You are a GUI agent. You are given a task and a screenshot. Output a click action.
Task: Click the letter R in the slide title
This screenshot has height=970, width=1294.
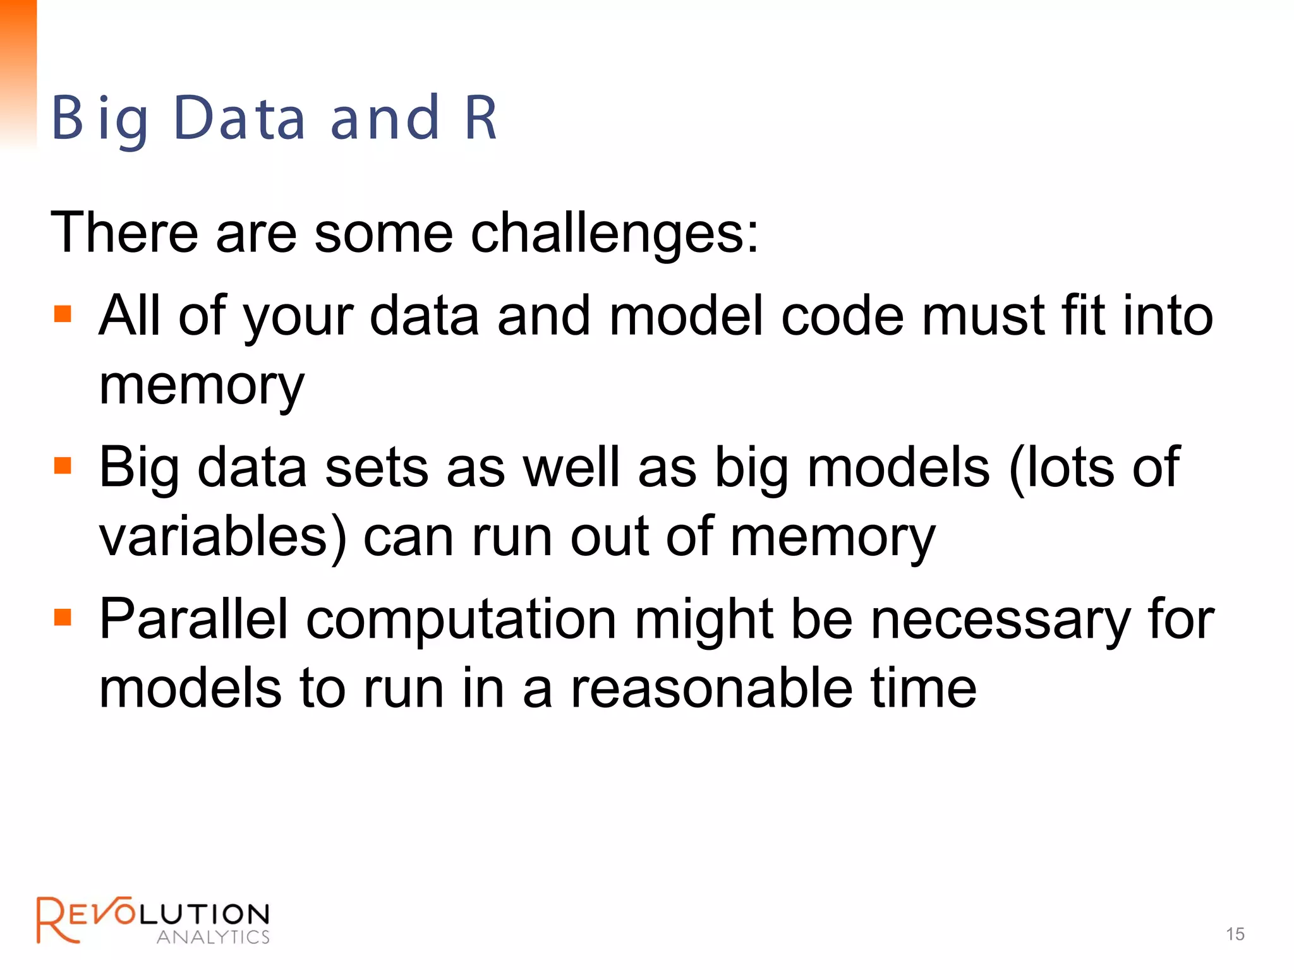[481, 118]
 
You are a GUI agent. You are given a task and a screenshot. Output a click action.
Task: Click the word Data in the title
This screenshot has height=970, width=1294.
[239, 118]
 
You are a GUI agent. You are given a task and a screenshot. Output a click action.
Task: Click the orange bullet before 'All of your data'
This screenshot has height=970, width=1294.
[63, 314]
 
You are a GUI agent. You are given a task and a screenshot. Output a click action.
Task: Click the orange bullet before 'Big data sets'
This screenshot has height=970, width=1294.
[63, 466]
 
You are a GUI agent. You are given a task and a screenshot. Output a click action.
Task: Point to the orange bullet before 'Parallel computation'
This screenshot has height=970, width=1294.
[63, 617]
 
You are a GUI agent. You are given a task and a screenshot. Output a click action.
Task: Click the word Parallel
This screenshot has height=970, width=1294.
[193, 620]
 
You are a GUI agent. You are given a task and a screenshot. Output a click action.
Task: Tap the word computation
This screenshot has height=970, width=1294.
[461, 620]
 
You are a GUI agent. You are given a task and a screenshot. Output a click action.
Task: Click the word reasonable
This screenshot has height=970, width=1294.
[711, 688]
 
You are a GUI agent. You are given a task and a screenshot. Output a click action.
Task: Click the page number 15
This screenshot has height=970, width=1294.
[1235, 934]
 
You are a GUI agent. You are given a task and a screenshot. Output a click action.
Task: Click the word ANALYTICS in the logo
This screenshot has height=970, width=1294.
[213, 937]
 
